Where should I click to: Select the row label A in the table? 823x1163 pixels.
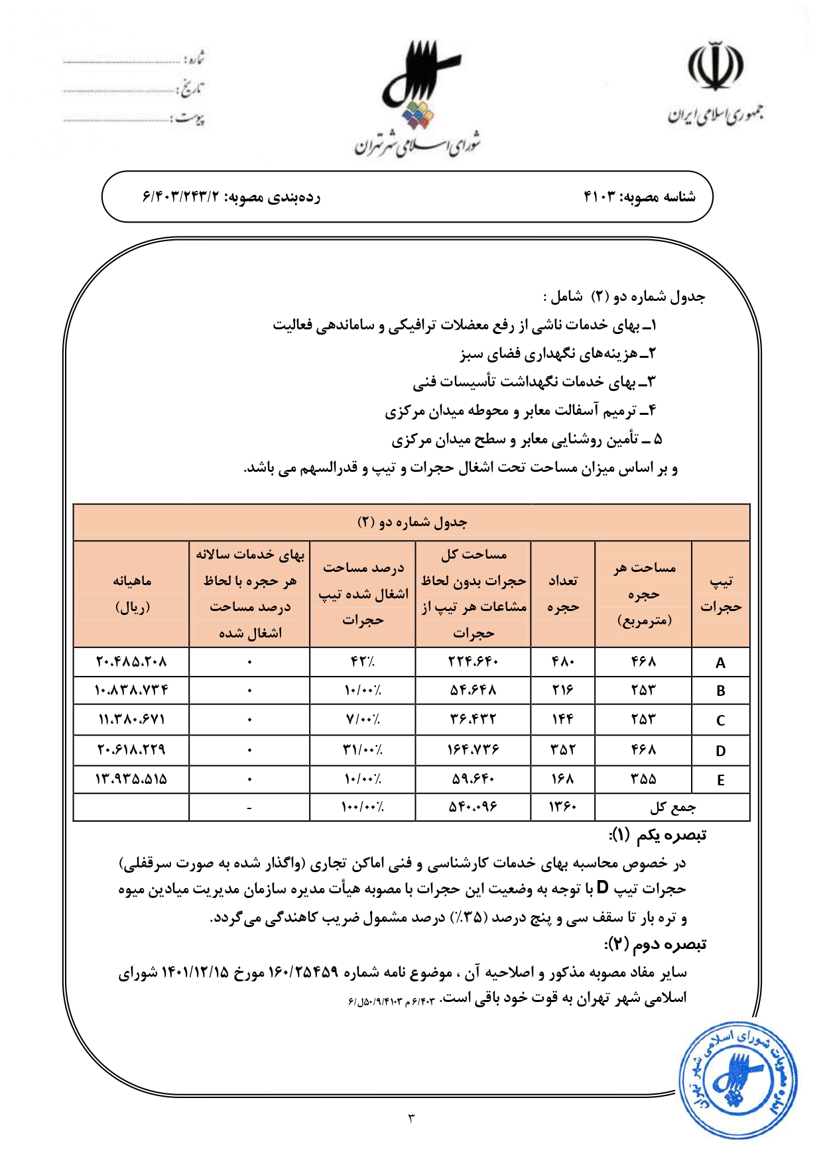point(720,663)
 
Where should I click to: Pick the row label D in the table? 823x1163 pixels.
point(720,751)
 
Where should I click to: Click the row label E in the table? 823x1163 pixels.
point(720,780)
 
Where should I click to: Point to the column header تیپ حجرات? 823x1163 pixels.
point(721,594)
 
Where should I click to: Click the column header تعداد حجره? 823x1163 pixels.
point(563,594)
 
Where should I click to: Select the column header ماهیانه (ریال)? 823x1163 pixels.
point(132,594)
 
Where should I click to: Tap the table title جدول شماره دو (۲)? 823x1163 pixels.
point(412,522)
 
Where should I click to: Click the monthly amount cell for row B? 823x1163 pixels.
point(131,691)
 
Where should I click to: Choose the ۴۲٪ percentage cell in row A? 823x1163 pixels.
point(362,662)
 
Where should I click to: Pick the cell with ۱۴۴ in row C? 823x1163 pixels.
point(562,720)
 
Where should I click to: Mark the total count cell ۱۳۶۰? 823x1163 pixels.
point(562,807)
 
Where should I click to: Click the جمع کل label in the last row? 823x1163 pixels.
point(672,807)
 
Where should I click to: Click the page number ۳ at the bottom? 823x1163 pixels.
point(411,1119)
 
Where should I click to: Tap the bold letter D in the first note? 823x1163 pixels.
point(602,888)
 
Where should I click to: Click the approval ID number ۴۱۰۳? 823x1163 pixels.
point(600,197)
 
